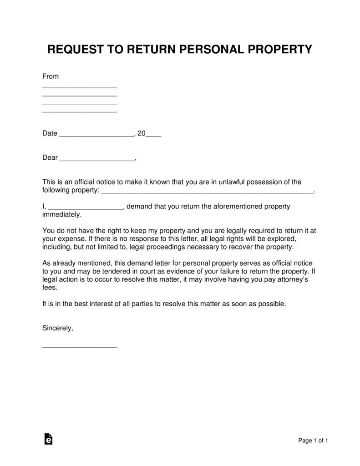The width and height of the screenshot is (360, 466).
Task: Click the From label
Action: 51,76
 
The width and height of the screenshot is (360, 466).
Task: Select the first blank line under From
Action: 80,87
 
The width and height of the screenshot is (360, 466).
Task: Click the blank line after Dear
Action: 97,160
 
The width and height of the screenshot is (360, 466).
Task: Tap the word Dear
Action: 50,157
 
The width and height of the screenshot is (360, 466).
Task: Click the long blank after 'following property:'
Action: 207,192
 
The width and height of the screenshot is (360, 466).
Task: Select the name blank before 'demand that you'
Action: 85,208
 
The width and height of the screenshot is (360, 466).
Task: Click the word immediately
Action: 61,214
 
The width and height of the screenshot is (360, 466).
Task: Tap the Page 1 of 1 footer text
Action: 313,440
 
